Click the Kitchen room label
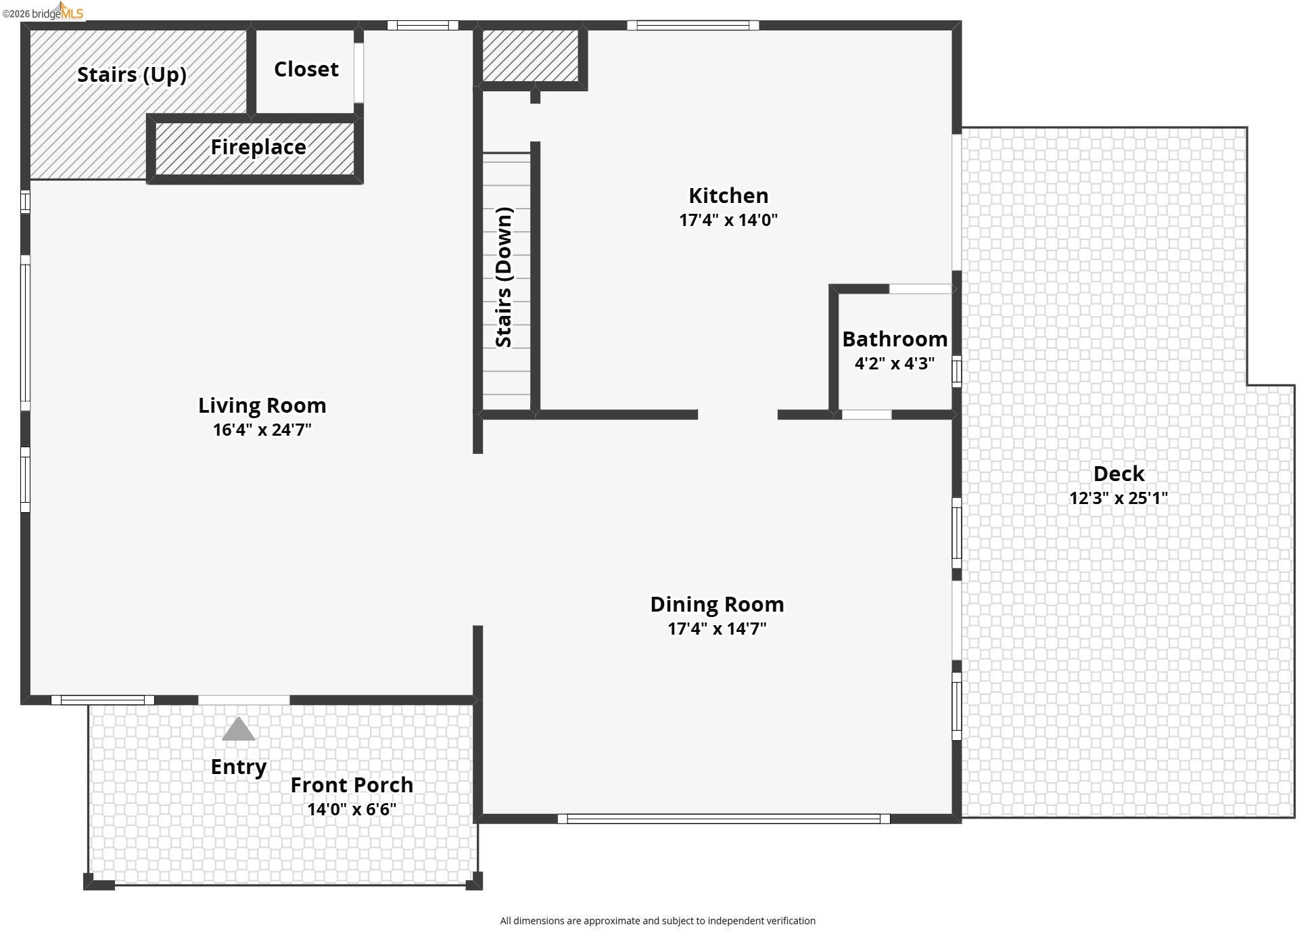point(728,196)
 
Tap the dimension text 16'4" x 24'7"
point(262,430)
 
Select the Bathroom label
point(894,338)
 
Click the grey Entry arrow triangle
point(238,730)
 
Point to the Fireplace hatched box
point(255,147)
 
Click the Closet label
point(306,69)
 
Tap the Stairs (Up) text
point(131,74)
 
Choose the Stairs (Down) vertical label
point(504,277)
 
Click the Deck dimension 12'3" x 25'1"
point(1118,498)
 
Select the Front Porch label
point(352,785)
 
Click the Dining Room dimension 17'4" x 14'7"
point(717,629)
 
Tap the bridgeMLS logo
point(43,12)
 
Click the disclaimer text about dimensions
point(657,921)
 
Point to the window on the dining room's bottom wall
point(723,819)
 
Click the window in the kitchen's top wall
point(692,26)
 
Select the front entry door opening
point(243,700)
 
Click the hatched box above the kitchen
point(530,55)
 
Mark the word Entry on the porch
point(238,767)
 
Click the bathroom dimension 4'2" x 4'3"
point(894,363)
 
